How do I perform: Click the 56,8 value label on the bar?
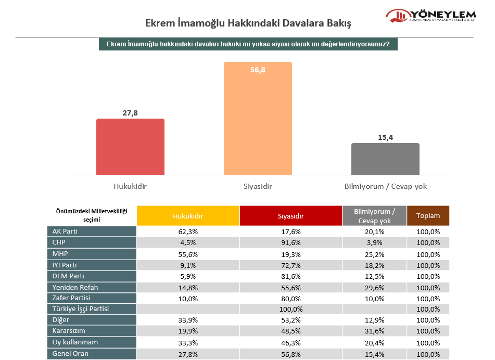click(258, 70)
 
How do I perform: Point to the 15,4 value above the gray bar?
click(385, 137)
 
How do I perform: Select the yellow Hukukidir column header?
click(188, 215)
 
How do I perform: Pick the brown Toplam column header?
click(428, 215)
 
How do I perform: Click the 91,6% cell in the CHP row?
click(290, 242)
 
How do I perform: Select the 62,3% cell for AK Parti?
click(188, 232)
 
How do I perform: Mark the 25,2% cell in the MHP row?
click(374, 254)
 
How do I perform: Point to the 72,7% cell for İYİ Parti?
click(290, 265)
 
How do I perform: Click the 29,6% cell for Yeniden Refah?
click(374, 287)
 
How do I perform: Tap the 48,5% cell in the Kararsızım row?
click(290, 331)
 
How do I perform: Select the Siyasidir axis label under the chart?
click(258, 186)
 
